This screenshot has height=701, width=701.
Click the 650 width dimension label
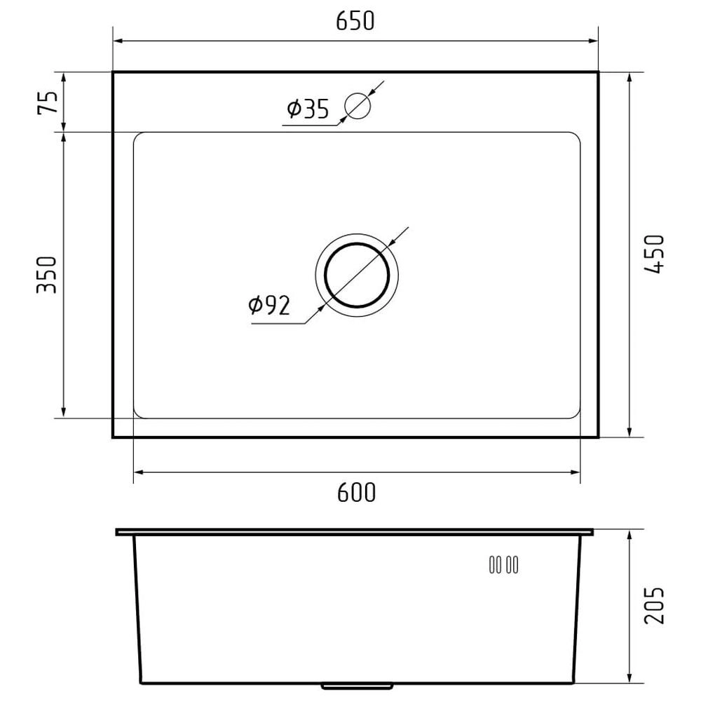[x=355, y=21]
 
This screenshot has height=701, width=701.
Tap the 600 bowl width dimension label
[x=356, y=492]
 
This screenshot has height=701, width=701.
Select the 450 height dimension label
[x=655, y=254]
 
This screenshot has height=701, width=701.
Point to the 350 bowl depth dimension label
[x=47, y=275]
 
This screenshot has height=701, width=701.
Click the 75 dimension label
[x=48, y=102]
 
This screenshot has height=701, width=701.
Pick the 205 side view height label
[x=655, y=606]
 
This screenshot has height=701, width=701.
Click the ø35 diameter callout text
[x=308, y=109]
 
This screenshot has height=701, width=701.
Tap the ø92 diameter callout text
[x=269, y=305]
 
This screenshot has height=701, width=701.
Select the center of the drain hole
[x=357, y=275]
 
